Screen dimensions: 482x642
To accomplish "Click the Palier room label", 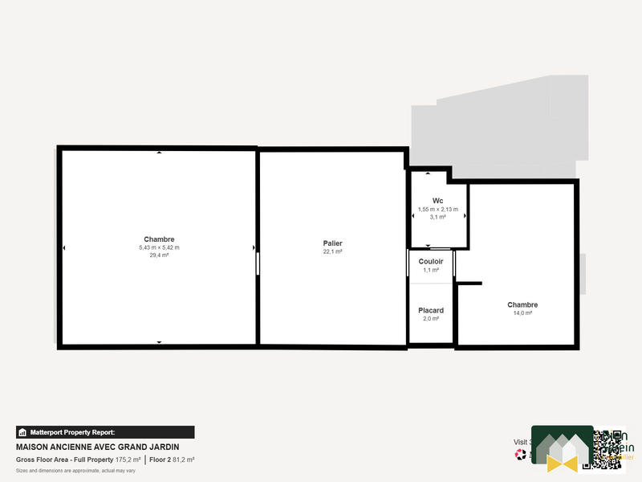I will (x=333, y=243).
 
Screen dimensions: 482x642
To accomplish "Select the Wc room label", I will (x=437, y=201).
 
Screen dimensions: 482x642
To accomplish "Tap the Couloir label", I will (x=431, y=261).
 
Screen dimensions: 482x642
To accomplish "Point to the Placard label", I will (x=431, y=310).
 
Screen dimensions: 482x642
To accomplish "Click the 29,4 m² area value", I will (x=159, y=255).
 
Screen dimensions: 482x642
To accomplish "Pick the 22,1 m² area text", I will (x=333, y=251).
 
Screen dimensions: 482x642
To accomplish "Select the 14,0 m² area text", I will (x=522, y=313).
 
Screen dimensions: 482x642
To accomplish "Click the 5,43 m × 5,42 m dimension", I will (x=159, y=247).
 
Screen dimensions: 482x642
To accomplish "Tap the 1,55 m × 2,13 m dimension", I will (x=437, y=210).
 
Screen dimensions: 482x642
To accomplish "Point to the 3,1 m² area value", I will (x=437, y=218).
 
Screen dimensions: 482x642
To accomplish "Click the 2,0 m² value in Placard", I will (x=431, y=319).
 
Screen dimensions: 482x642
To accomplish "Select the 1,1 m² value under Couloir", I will (x=431, y=270).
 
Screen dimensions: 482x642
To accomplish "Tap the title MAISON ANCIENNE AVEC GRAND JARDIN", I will (x=97, y=447).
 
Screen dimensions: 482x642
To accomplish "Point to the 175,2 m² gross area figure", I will (x=127, y=460).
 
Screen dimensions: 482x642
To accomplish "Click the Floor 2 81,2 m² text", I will (x=172, y=460).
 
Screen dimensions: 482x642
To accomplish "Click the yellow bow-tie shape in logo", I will (x=562, y=461).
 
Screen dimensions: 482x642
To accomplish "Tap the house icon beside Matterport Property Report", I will (x=22, y=432).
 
